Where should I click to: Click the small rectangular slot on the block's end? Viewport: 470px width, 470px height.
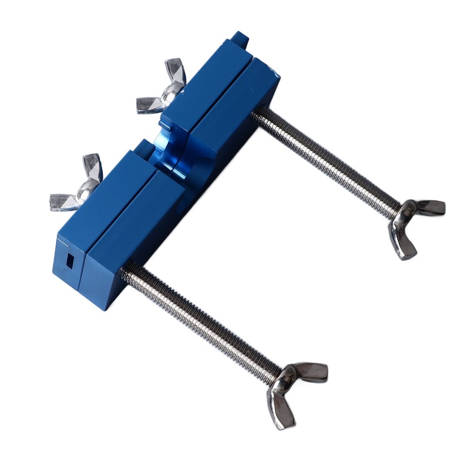(x=70, y=260)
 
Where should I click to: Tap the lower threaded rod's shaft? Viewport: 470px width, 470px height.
(x=200, y=317)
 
